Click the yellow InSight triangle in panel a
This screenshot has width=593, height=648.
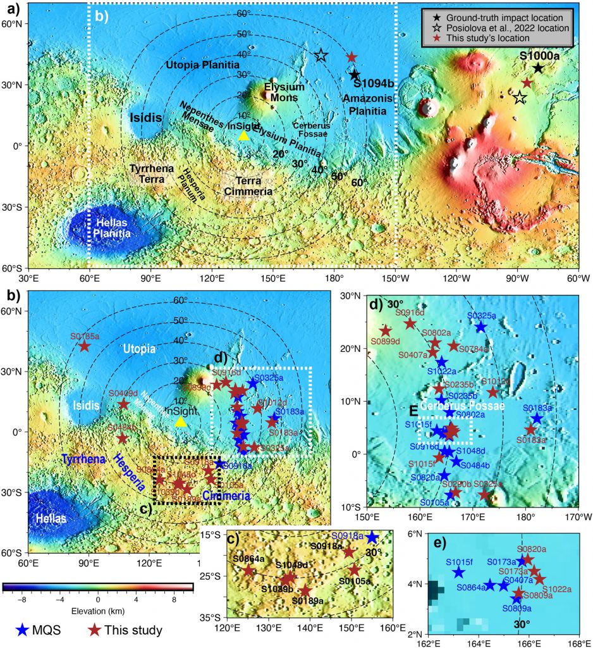click(x=243, y=135)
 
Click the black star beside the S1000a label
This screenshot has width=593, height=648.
click(x=538, y=68)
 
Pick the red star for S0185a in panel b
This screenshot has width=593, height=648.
click(x=84, y=346)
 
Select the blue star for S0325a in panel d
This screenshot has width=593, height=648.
click(x=481, y=327)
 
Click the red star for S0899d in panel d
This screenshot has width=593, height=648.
click(x=386, y=330)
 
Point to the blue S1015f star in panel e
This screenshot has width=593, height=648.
click(x=458, y=572)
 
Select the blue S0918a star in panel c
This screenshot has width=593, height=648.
click(x=371, y=537)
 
